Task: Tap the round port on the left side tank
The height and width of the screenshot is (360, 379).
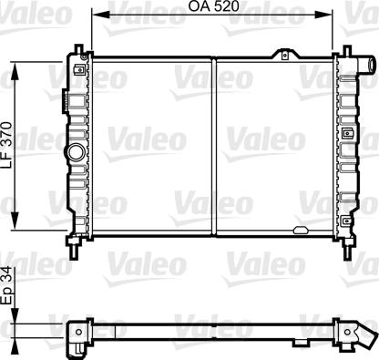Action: pos(77,150)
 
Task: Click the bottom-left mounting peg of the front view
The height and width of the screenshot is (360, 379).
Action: pos(73,245)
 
